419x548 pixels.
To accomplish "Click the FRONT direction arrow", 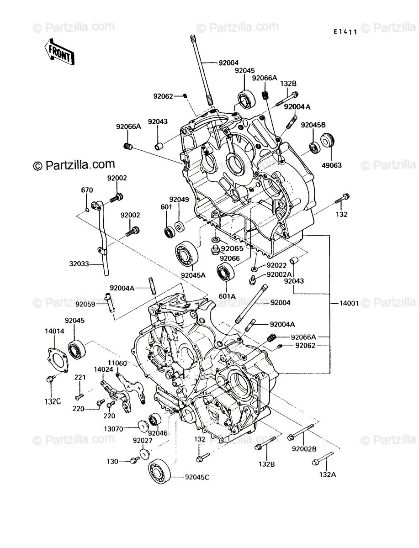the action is [59, 53].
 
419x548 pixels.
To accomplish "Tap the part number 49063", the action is [331, 165].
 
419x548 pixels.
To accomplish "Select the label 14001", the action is [349, 303].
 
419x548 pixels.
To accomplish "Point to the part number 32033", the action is [79, 263].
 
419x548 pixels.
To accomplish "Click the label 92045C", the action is [197, 477].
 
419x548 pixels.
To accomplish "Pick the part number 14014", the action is [54, 331].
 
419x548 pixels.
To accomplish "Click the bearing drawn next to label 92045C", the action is [159, 471].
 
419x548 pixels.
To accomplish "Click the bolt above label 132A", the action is [323, 458].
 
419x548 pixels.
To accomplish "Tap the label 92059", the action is [85, 304].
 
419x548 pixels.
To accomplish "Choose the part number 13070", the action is [114, 429].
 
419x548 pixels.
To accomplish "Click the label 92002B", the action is [304, 449].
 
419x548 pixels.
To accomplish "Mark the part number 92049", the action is [179, 200].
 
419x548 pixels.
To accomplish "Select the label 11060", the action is [117, 363].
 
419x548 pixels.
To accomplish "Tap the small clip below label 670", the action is [87, 210].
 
